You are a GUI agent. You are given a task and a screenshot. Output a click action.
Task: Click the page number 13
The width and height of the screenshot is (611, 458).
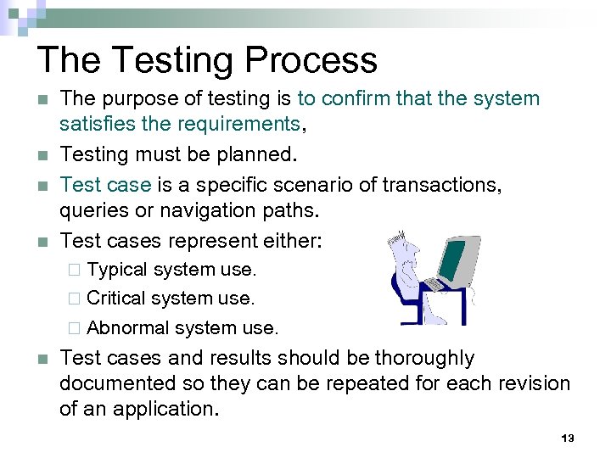[x=568, y=438]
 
